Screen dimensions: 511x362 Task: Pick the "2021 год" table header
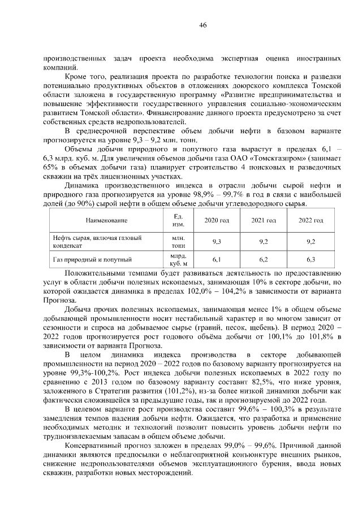263,220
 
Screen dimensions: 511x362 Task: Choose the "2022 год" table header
310,220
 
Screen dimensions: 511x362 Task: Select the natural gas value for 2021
263,260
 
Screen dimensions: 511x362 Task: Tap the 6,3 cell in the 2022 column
310,260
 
